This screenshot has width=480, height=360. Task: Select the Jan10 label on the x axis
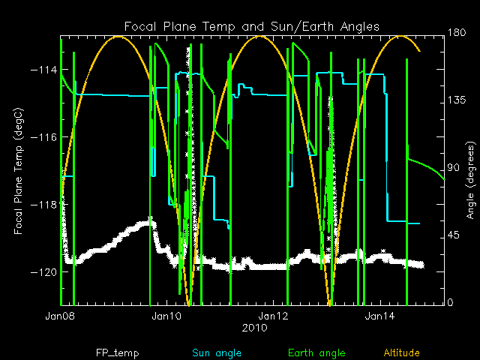click(x=167, y=316)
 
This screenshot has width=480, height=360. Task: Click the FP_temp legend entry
click(x=117, y=352)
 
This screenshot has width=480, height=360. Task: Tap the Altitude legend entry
click(x=402, y=352)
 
